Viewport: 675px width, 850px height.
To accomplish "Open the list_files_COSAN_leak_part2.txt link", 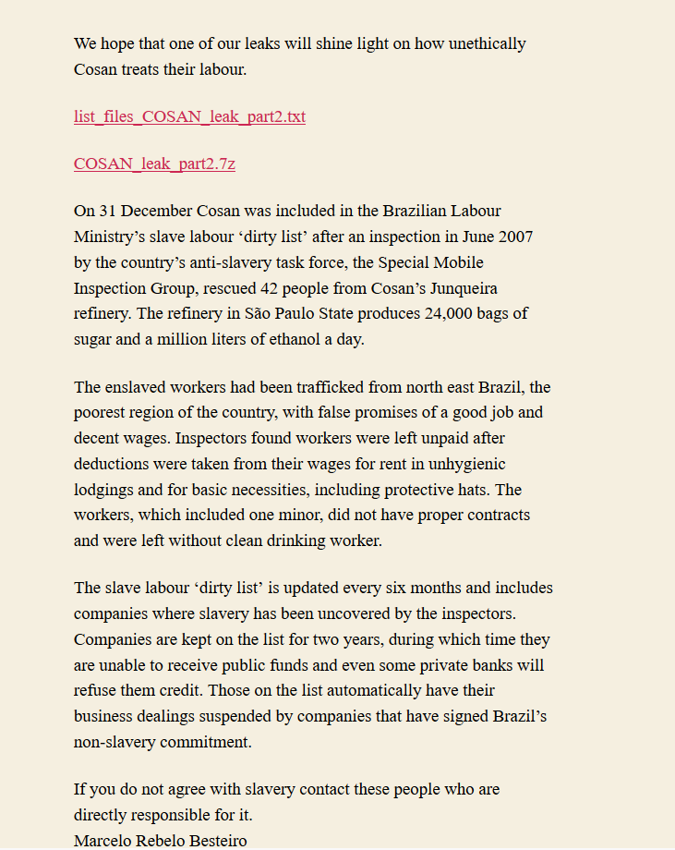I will coord(189,116).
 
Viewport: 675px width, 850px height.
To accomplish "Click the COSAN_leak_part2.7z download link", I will coord(154,164).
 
